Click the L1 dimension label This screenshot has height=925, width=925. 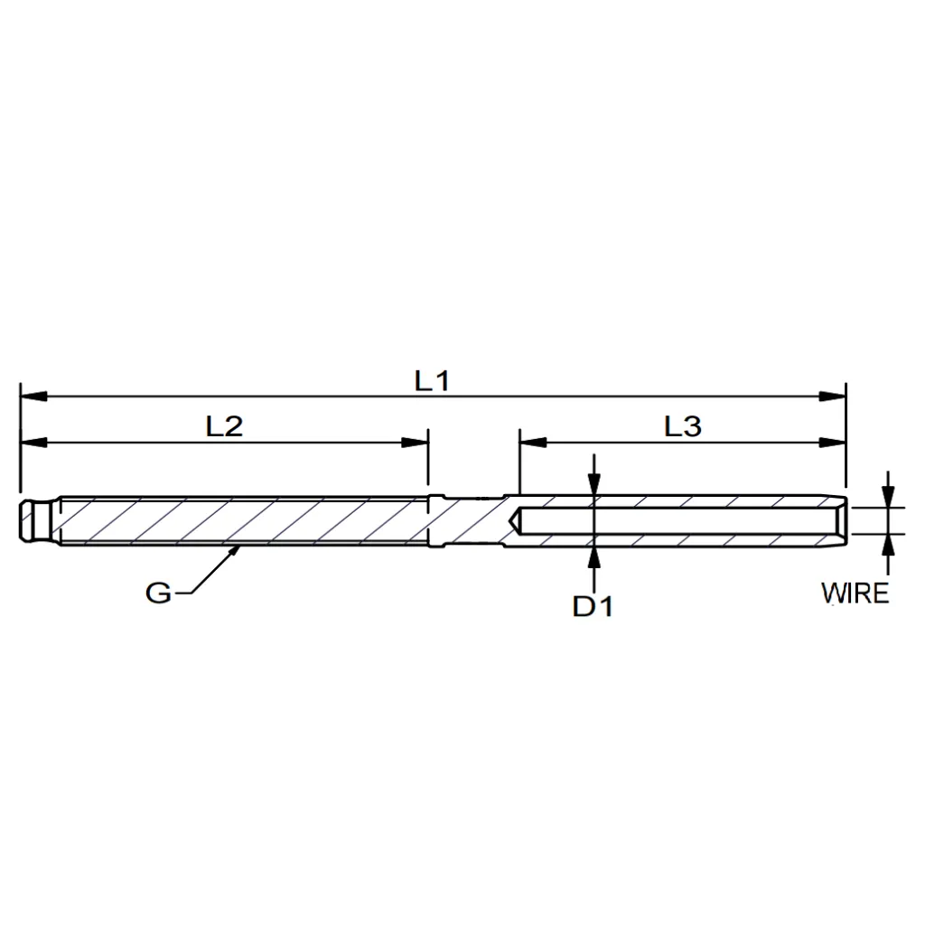(x=433, y=381)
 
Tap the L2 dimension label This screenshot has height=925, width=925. (x=224, y=426)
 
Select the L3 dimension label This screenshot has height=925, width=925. (x=683, y=426)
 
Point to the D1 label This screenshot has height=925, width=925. (x=593, y=606)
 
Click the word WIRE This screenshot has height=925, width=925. (x=855, y=593)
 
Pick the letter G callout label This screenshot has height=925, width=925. (x=158, y=593)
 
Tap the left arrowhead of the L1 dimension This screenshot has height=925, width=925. (x=33, y=396)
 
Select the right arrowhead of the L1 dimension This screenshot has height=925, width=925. (x=832, y=396)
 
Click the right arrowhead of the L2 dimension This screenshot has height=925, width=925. (x=415, y=443)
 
